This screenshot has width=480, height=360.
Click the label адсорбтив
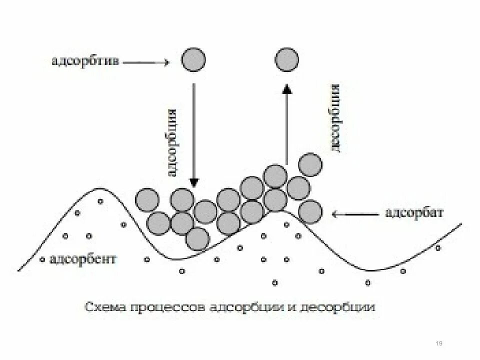click(84, 62)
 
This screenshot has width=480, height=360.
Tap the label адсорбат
click(414, 213)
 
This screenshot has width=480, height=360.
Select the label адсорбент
click(83, 259)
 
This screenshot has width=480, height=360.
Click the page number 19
click(439, 343)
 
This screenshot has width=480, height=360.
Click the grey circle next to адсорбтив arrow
click(193, 60)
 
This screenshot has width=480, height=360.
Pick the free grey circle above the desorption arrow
click(286, 60)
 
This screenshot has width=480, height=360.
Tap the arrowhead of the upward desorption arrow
click(286, 88)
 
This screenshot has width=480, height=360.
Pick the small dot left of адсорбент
click(43, 259)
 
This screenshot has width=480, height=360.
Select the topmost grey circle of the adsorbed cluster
click(310, 165)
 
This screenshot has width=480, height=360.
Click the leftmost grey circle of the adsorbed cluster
click(147, 199)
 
